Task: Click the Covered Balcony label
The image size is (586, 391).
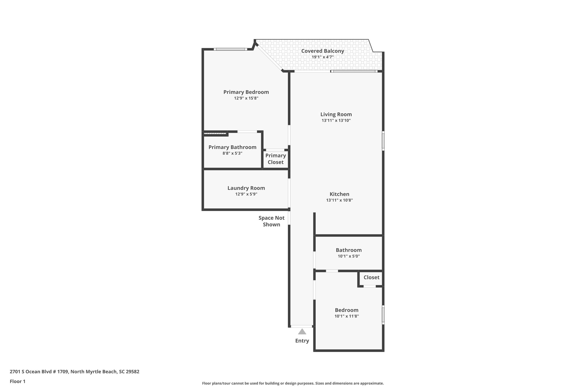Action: [322, 51]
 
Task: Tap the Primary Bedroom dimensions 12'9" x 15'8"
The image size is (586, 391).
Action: [246, 98]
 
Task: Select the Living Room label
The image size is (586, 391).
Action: [336, 114]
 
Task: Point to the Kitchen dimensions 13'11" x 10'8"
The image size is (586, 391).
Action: [339, 200]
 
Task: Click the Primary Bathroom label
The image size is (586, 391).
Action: [232, 147]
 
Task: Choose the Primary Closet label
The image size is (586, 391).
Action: [276, 159]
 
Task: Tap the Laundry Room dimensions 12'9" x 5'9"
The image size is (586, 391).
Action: [246, 194]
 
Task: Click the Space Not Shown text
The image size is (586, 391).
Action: [271, 221]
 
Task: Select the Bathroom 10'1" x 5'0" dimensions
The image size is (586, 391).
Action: [349, 256]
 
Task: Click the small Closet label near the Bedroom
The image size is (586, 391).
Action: [371, 277]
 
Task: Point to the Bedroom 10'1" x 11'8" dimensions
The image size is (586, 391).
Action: [347, 316]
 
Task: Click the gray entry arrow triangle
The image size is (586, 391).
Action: [302, 332]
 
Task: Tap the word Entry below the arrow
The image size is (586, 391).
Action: [302, 341]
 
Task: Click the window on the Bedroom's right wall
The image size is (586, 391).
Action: [383, 315]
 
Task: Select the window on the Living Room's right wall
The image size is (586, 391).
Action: [383, 141]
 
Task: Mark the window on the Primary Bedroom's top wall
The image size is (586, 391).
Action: [230, 49]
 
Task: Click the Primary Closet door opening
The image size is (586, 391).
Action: [275, 150]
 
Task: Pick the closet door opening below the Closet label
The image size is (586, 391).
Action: [370, 286]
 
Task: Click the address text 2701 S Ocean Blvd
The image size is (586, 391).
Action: [74, 372]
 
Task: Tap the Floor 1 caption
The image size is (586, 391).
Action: [17, 381]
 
